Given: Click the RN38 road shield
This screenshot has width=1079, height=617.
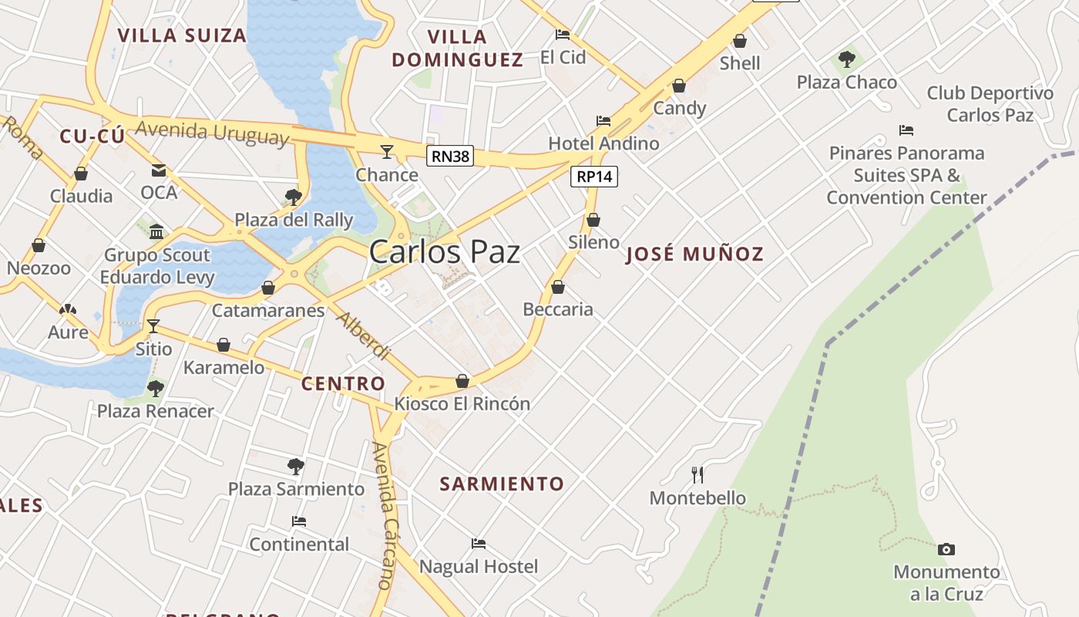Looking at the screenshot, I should coord(450,157).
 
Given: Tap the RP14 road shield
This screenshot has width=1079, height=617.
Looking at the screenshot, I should coord(594,177).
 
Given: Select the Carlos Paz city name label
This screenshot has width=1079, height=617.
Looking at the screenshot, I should coord(445,252).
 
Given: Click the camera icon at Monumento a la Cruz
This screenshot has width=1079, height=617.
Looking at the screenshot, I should coord(946,549).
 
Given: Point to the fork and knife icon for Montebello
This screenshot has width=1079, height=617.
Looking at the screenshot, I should coord(697,474).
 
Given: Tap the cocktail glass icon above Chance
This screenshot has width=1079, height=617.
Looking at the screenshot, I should coord(387,151).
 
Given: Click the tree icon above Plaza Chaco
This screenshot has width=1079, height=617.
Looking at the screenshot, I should coord(847,59).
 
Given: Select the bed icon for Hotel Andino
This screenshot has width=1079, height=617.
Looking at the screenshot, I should coord(603,120).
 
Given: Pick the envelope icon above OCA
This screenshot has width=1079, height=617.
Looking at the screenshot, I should coord(159,170).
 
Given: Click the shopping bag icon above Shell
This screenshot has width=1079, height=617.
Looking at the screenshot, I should coord(740,41).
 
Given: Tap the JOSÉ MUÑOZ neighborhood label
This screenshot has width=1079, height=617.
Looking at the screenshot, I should coord(694,254).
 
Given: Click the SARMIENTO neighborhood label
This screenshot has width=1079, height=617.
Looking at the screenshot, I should coord(502,484).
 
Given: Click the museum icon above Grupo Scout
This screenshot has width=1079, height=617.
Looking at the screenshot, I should coord(157,231).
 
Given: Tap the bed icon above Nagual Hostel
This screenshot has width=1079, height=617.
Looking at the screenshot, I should coord(479,543).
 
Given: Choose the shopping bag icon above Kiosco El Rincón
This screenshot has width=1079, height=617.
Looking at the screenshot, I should coord(462,381).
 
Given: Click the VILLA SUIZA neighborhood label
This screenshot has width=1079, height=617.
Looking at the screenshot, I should coord(182,35).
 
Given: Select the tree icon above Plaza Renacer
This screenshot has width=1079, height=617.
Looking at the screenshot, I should coord(156,388).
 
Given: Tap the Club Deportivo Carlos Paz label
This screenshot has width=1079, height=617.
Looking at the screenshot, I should coord(990,104).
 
